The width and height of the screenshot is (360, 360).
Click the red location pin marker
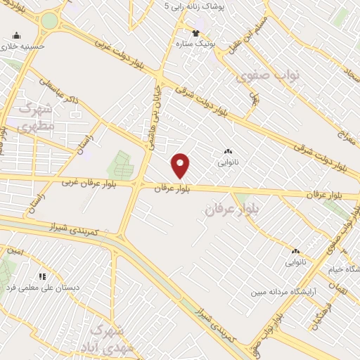tap(181, 166)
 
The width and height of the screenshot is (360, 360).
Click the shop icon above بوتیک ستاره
tap(197, 32)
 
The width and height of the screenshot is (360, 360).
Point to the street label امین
tap(15, 250)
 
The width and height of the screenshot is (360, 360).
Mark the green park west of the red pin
tap(119, 165)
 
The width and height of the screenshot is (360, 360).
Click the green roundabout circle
tap(49, 20)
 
